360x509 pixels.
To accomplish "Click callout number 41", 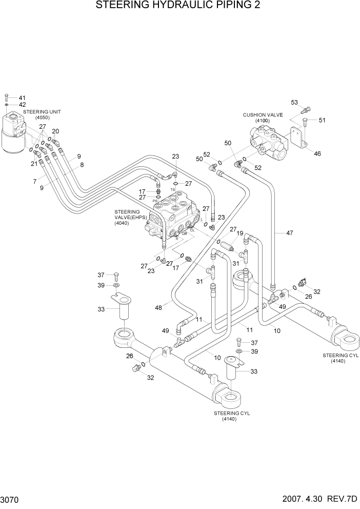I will point(22,97).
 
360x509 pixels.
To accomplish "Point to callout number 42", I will point(22,105).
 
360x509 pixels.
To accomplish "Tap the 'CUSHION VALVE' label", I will point(263,115).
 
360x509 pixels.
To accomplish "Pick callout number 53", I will point(294,103).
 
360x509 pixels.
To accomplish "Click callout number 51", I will point(322,121).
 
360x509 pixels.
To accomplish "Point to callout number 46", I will point(317,153).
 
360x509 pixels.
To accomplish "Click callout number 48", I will point(159,307).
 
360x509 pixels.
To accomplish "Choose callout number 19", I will point(239,233).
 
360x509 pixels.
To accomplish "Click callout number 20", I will point(55,131).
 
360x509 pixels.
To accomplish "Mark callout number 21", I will point(34,163).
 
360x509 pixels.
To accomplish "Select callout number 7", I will point(35,182).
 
